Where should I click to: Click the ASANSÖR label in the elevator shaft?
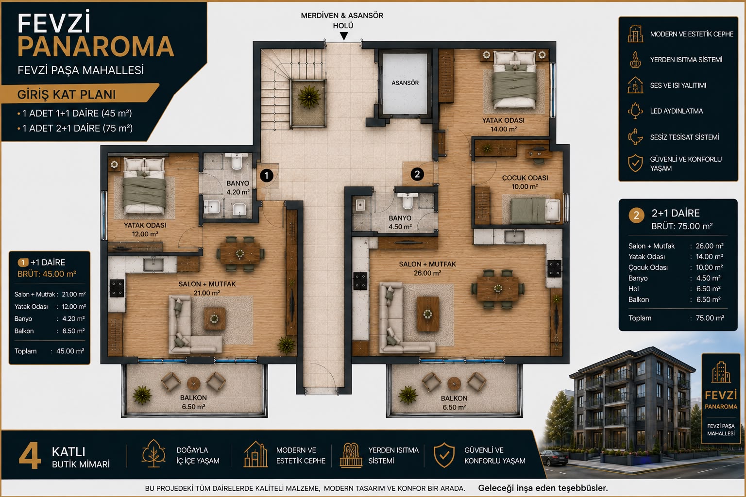coord(405,83)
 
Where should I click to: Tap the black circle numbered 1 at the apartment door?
coord(267,175)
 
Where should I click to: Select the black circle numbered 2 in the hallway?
coord(417,174)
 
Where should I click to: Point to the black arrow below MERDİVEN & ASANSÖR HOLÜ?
coord(344,36)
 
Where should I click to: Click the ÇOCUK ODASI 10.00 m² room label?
coord(525,182)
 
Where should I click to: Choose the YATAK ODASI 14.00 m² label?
coord(503,125)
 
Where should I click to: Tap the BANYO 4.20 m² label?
coord(238,187)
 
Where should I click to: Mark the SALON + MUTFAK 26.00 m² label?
coord(427,268)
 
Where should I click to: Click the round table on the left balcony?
coord(193,383)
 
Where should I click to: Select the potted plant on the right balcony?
coord(407,395)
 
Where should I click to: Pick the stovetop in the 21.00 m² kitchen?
coord(117,288)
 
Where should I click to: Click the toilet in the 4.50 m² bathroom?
coord(407,200)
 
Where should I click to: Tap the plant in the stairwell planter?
coord(309,97)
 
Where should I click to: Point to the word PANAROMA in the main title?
coord(96,46)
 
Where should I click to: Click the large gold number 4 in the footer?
coord(30,456)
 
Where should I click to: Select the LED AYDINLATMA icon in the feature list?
coord(635,111)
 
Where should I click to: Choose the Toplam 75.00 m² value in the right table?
coord(710,318)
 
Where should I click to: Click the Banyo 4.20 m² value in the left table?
coord(74,318)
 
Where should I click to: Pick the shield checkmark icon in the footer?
coord(444,455)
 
